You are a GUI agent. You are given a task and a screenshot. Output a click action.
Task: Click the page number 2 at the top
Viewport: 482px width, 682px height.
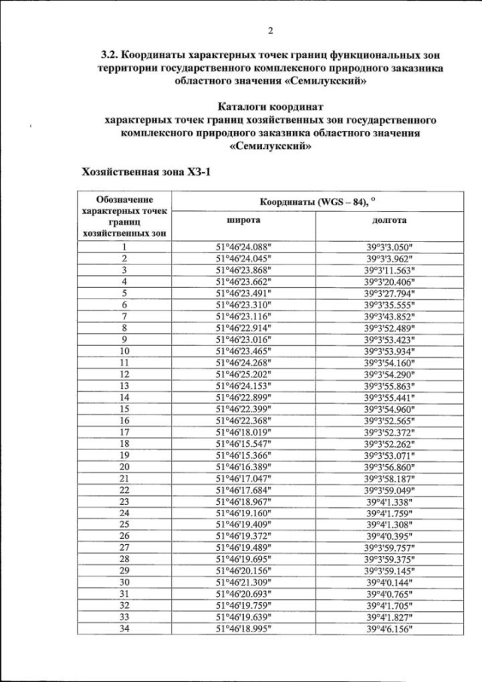270,31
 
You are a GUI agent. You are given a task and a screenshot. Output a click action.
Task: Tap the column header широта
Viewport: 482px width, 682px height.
243,220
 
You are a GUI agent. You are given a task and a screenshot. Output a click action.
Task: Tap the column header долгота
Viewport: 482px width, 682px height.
389,220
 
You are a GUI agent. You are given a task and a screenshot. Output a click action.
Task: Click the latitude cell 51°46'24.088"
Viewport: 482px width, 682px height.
243,246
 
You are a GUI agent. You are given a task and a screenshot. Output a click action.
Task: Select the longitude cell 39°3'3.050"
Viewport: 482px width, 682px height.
389,246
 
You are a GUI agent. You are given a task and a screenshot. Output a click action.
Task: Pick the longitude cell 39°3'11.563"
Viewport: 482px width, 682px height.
389,270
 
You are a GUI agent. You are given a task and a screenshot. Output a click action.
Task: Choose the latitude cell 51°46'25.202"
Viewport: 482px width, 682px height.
243,374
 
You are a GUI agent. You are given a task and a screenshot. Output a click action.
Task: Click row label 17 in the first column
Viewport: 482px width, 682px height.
124,432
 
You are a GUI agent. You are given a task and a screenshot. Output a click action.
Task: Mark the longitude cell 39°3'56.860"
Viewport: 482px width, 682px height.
389,467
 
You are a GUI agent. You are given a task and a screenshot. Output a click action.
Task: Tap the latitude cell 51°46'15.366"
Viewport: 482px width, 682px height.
243,455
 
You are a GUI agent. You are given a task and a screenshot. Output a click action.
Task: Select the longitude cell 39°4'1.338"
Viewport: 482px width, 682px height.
389,502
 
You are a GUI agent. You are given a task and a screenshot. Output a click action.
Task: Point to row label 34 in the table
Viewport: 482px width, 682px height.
124,628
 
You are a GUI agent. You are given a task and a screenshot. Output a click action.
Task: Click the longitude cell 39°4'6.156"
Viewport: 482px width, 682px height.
389,628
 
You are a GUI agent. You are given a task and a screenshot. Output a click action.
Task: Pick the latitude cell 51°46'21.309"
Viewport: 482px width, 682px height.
243,583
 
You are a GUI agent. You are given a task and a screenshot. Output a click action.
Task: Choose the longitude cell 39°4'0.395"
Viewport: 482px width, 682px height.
389,537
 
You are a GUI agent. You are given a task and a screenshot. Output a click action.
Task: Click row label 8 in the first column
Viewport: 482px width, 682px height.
124,328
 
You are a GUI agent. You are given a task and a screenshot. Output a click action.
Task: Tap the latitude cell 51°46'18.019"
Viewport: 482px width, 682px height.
243,432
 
